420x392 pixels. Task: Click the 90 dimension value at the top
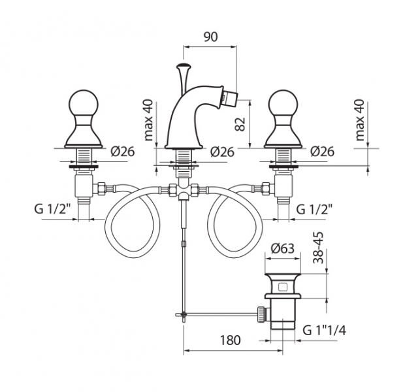pyautogui.click(x=210, y=37)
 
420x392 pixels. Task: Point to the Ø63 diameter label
pyautogui.click(x=283, y=248)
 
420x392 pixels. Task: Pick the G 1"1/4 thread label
pyautogui.click(x=325, y=330)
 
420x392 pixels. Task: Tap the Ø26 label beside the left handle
pyautogui.click(x=122, y=152)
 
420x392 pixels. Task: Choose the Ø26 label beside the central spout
pyautogui.click(x=223, y=152)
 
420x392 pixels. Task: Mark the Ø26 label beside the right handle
pyautogui.click(x=322, y=152)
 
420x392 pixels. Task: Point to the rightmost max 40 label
pyautogui.click(x=359, y=120)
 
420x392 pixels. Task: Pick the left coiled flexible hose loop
pyautogui.click(x=131, y=223)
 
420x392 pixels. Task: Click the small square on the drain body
pyautogui.click(x=283, y=286)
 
